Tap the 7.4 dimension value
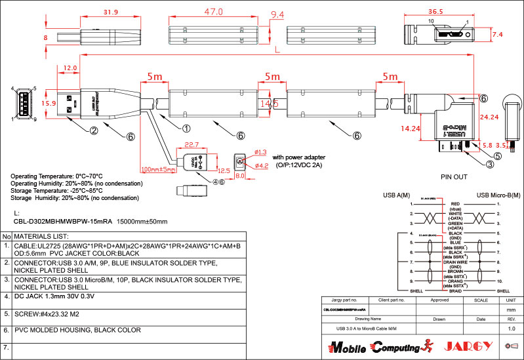pyautogui.click(x=497, y=34)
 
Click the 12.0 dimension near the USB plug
pyautogui.click(x=71, y=68)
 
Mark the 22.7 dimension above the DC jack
pyautogui.click(x=191, y=144)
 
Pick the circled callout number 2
pyautogui.click(x=94, y=130)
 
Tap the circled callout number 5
pyautogui.click(x=497, y=156)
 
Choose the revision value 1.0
pyautogui.click(x=512, y=327)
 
